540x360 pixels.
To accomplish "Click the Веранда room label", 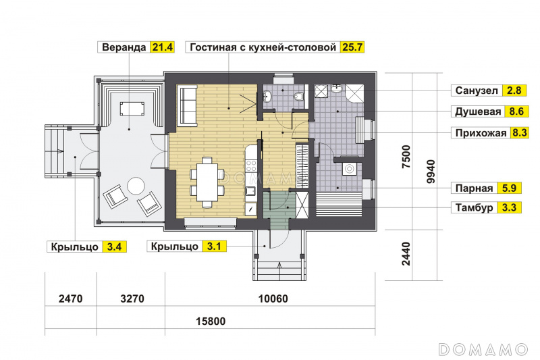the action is point(124,47).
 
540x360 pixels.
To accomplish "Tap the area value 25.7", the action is point(352,47).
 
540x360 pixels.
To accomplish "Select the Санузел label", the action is point(477,91).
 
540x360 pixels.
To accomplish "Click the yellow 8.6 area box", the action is point(516,111).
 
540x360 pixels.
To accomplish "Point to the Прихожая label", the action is point(481,133).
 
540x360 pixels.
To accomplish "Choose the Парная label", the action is point(475,188).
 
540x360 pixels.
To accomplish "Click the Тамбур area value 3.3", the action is point(509,208).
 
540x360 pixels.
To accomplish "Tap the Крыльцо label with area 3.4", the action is point(75,247).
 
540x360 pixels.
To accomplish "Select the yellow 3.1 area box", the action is point(214,247).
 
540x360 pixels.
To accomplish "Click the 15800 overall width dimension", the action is point(211,322).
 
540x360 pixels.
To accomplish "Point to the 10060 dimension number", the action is point(273,299).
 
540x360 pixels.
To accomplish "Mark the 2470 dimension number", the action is point(71,299).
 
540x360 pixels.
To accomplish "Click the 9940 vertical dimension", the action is point(431,171).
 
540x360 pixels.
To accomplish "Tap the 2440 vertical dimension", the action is point(406,254).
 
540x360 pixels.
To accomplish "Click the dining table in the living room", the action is point(207,182).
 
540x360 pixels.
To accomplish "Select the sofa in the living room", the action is point(186,106).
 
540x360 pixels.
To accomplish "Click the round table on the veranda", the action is point(136,186).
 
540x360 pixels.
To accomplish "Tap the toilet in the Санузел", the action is point(299,96).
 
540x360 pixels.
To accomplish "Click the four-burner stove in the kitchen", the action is point(251,165).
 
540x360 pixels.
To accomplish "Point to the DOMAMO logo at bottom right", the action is point(483,349).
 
